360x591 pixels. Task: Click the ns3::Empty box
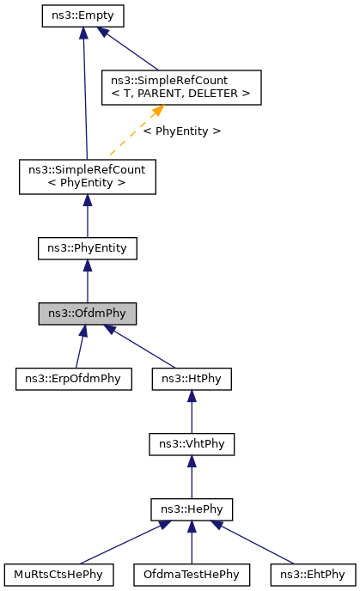pyautogui.click(x=83, y=15)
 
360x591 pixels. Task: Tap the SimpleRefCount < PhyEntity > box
pyautogui.click(x=87, y=176)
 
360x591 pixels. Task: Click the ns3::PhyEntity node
pyautogui.click(x=87, y=248)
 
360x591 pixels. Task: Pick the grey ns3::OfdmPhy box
pyautogui.click(x=87, y=314)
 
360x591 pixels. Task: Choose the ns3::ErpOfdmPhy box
pyautogui.click(x=73, y=378)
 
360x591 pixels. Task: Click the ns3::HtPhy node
pyautogui.click(x=191, y=378)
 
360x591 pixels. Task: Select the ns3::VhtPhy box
pyautogui.click(x=191, y=444)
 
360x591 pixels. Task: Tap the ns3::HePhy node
pyautogui.click(x=191, y=509)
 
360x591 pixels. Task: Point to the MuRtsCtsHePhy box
pyautogui.click(x=58, y=574)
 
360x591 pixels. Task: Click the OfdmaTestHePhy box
pyautogui.click(x=191, y=574)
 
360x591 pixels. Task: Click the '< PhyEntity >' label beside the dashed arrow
pyautogui.click(x=181, y=131)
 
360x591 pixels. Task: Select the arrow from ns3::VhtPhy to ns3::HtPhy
pyautogui.click(x=191, y=412)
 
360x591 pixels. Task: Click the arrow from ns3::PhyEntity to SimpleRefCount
pyautogui.click(x=87, y=215)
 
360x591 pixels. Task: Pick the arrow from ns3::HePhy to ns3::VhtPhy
pyautogui.click(x=191, y=478)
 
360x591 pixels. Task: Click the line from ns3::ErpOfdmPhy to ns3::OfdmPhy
pyautogui.click(x=79, y=347)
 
